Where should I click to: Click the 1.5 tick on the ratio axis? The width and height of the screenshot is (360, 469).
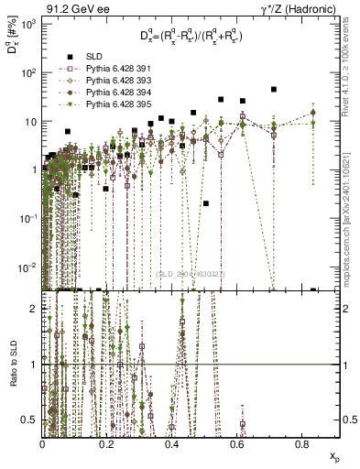(33, 336)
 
